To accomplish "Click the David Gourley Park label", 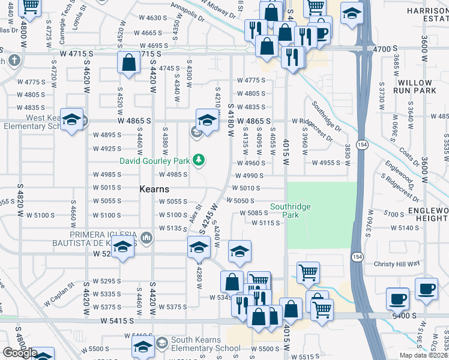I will tap(155, 161).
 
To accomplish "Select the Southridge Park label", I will tap(291, 211).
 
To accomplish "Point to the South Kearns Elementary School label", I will tap(206, 344).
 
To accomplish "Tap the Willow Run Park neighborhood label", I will tap(412, 86).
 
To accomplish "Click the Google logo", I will tap(19, 353).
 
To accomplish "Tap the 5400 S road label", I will tap(403, 316).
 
